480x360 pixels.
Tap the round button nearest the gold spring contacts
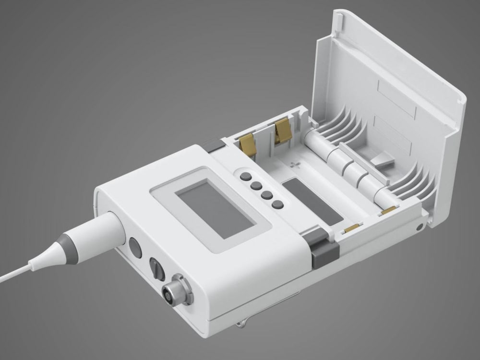[x=246, y=175]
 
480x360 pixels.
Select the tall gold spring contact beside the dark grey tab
[x=247, y=144]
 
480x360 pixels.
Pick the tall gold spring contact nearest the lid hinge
[x=283, y=131]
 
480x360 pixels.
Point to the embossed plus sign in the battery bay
[x=294, y=165]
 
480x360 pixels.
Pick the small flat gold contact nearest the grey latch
[x=352, y=227]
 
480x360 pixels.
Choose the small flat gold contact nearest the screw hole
[x=389, y=210]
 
